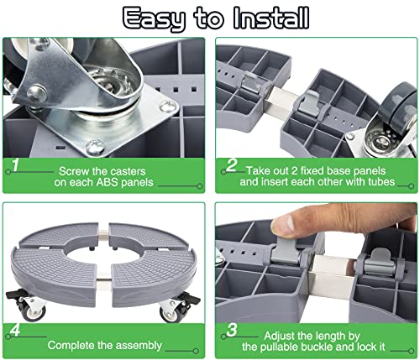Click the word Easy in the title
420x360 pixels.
pyautogui.click(x=154, y=18)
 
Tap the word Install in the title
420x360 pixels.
pyautogui.click(x=271, y=18)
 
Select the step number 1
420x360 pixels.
pyautogui.click(x=15, y=164)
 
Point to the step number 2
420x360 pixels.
pyautogui.click(x=231, y=165)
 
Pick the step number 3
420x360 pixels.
pyautogui.click(x=232, y=330)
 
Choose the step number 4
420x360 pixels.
pyautogui.click(x=15, y=330)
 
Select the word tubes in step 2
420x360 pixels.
pyautogui.click(x=381, y=182)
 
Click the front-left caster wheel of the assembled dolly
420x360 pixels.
pyautogui.click(x=33, y=311)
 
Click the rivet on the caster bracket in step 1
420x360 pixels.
pyautogui.click(x=37, y=92)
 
